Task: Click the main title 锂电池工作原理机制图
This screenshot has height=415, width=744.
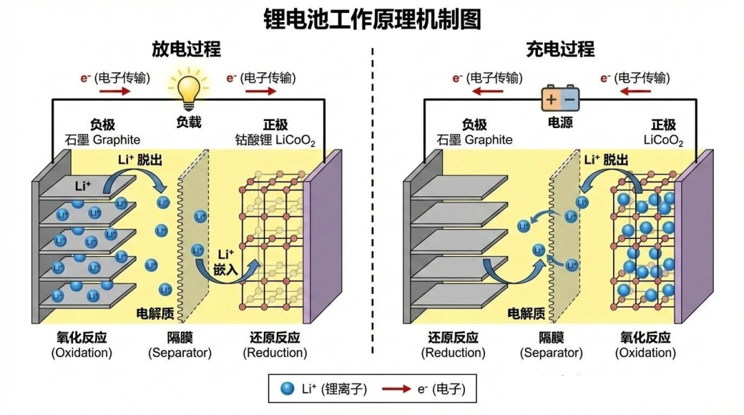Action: [372, 19]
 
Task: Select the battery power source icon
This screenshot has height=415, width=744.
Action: [559, 98]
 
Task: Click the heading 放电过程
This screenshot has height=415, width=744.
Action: [187, 50]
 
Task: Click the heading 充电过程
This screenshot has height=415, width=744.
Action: [559, 50]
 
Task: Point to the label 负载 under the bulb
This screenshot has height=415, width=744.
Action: [189, 123]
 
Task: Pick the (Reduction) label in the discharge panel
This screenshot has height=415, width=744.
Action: [274, 353]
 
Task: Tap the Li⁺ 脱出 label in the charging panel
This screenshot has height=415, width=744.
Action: [606, 160]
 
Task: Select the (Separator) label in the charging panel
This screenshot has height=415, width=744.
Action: [551, 353]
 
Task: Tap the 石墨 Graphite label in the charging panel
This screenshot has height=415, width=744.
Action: [475, 140]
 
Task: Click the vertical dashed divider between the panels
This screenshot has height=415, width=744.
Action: [373, 206]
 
